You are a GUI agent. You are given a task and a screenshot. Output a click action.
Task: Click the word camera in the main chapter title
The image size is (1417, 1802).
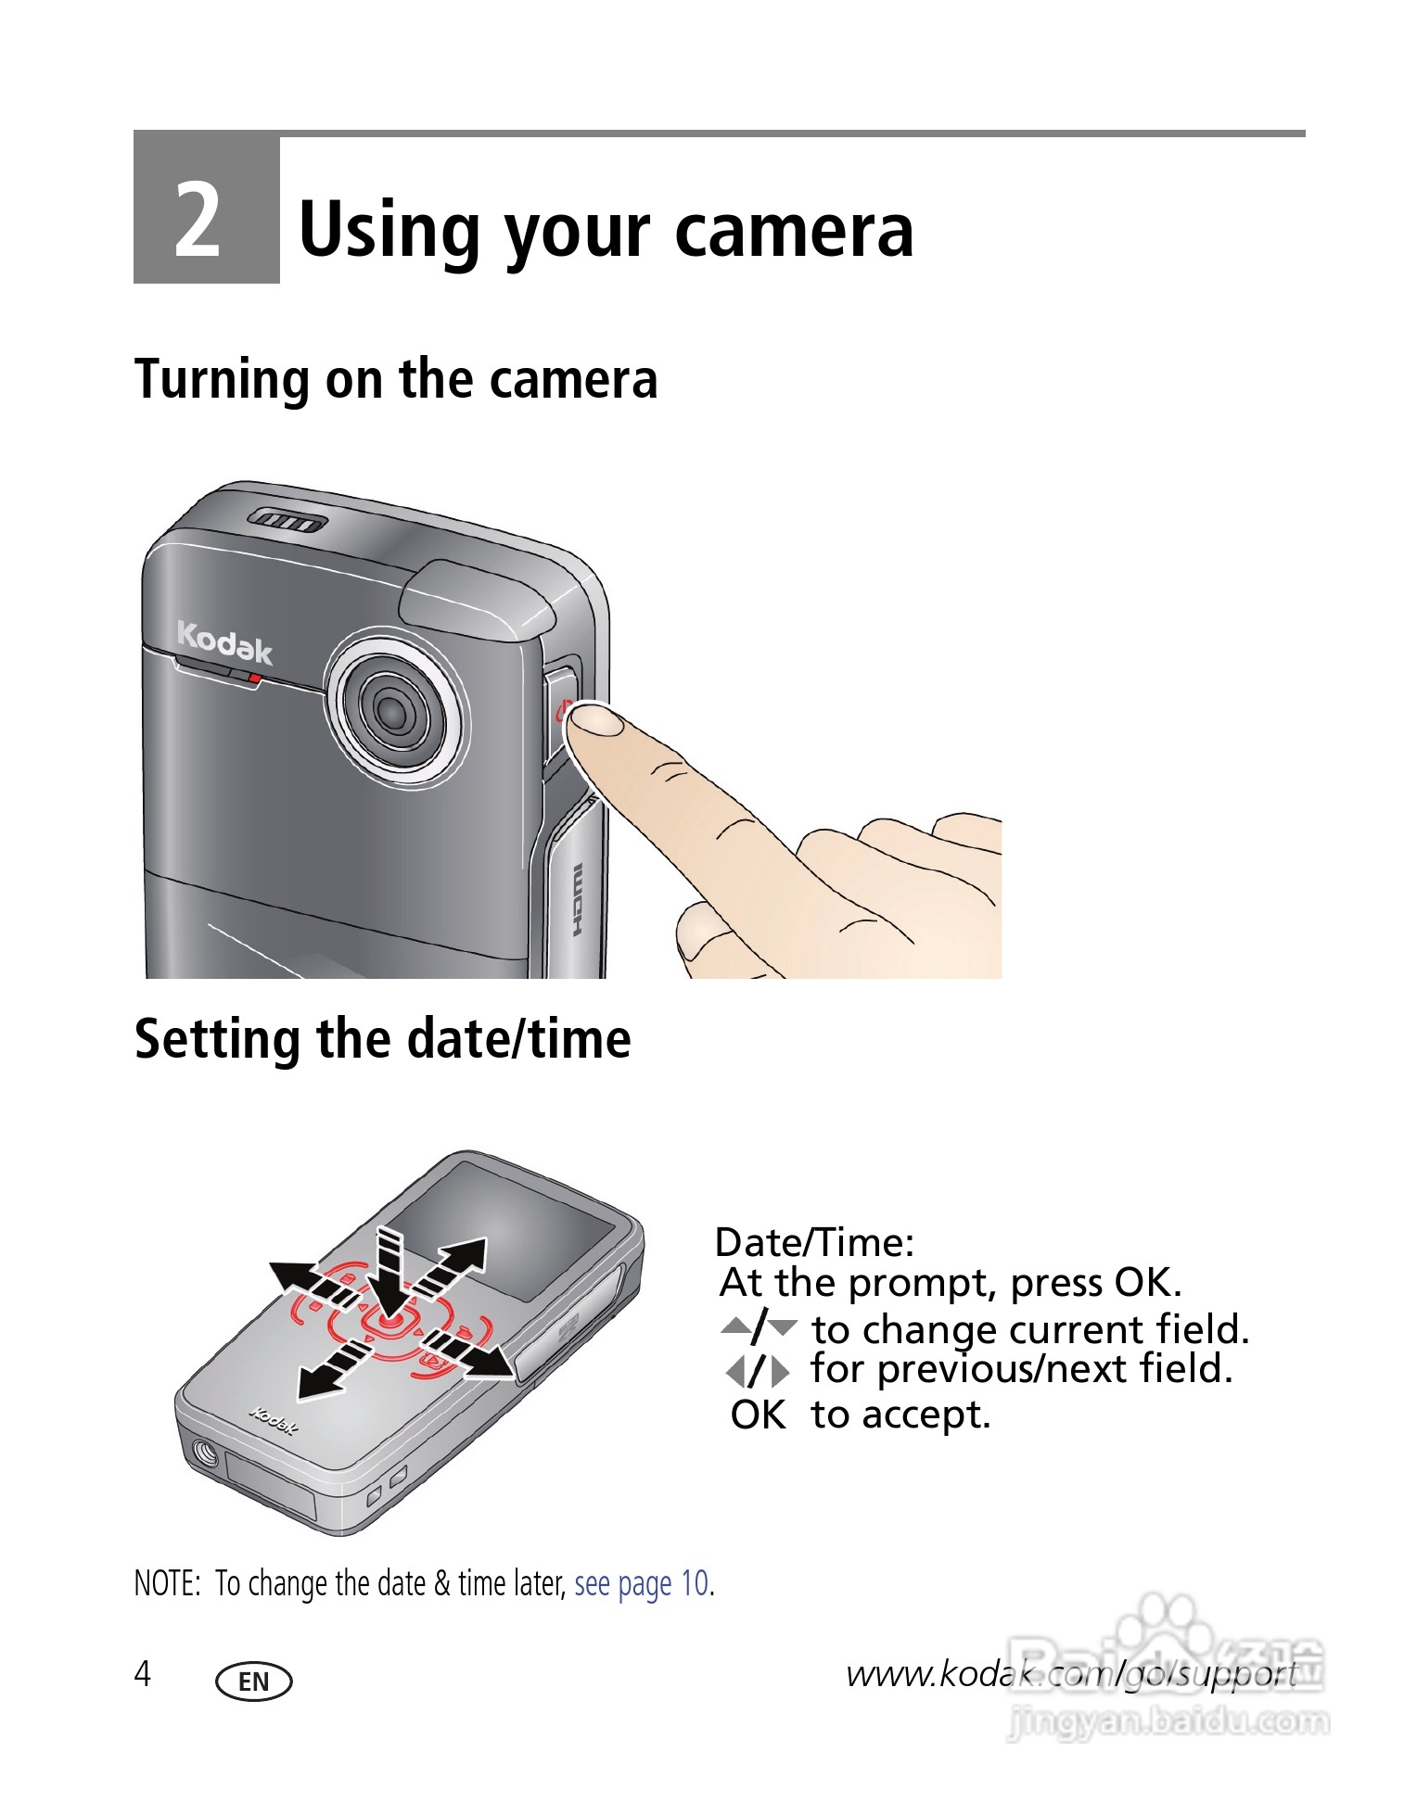[794, 231]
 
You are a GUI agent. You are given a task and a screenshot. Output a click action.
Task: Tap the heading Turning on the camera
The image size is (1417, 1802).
[396, 379]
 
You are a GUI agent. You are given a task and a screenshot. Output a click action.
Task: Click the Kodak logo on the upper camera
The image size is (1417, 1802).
[224, 641]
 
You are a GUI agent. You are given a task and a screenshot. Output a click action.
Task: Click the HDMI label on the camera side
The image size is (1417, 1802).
[577, 900]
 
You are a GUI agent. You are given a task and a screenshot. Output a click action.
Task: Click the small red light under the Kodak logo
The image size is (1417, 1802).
[254, 679]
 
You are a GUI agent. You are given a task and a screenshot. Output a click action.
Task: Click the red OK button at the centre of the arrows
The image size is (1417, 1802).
[389, 1320]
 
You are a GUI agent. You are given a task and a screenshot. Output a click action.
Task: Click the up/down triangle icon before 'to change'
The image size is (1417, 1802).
[759, 1327]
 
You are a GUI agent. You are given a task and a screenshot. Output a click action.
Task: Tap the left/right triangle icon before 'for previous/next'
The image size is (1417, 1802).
[759, 1371]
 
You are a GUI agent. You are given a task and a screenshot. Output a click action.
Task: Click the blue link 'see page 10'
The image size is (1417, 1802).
[642, 1583]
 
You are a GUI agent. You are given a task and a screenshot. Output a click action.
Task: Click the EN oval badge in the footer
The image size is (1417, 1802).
[253, 1681]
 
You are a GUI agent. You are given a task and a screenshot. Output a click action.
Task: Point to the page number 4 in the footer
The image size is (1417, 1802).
[143, 1673]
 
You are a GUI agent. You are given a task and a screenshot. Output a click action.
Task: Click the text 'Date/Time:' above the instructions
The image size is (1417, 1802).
[815, 1242]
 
